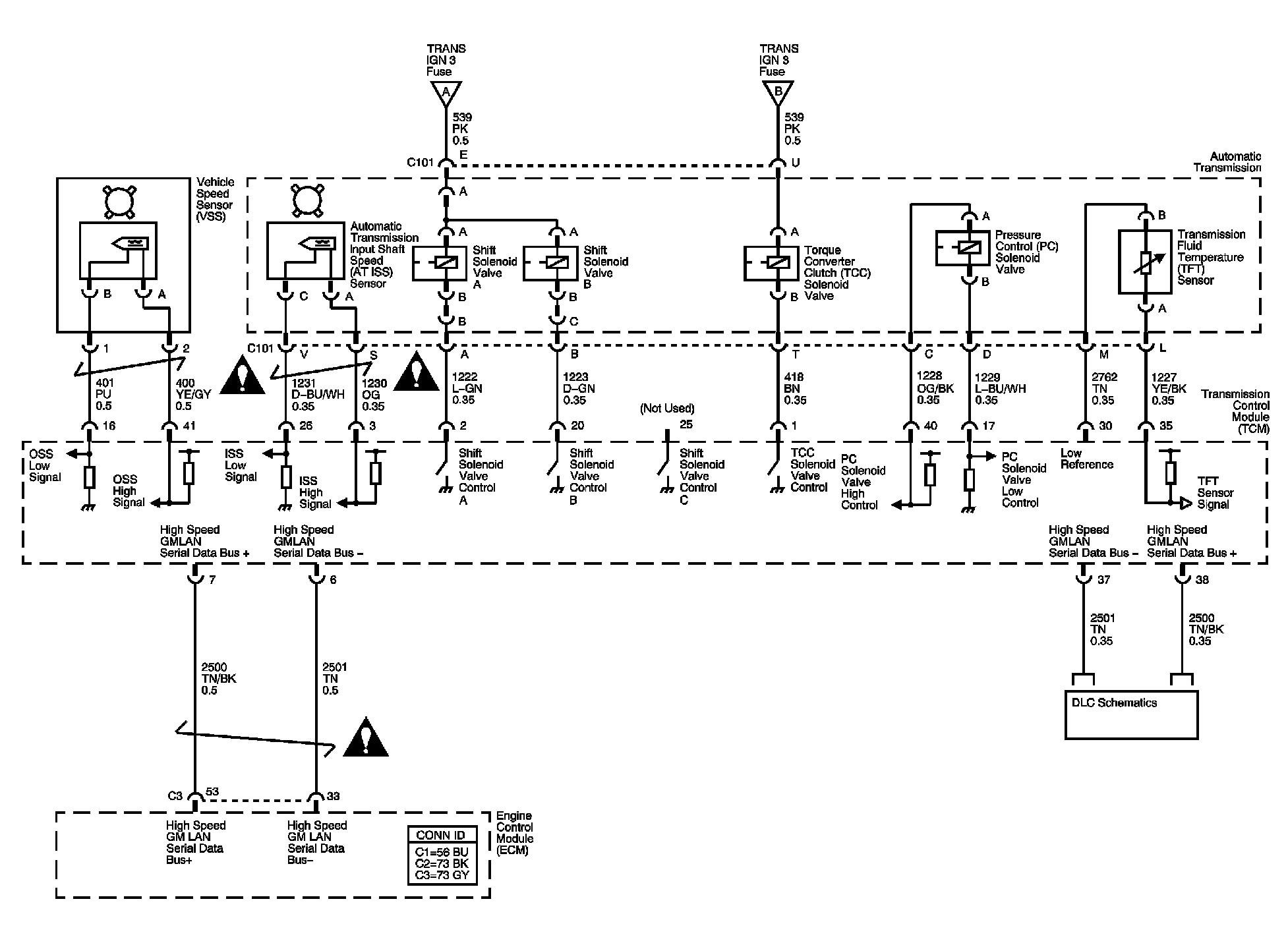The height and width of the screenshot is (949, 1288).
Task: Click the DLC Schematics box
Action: [1131, 714]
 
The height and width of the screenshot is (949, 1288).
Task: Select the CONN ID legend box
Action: [442, 855]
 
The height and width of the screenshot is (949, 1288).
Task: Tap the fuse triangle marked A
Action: [446, 93]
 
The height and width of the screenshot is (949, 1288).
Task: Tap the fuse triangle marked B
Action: [778, 93]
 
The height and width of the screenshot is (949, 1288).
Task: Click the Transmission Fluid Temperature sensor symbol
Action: [1146, 262]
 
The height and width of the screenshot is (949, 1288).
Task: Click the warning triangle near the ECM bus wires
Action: [366, 737]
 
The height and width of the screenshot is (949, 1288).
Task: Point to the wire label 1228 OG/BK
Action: [935, 388]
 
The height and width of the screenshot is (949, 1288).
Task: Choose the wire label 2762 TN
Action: [1103, 389]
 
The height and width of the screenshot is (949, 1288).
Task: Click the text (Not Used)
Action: [667, 409]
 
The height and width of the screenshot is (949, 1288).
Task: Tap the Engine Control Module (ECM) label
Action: [515, 833]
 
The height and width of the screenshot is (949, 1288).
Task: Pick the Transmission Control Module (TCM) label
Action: [1235, 411]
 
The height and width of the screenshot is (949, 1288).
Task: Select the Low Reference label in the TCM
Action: [1087, 459]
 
